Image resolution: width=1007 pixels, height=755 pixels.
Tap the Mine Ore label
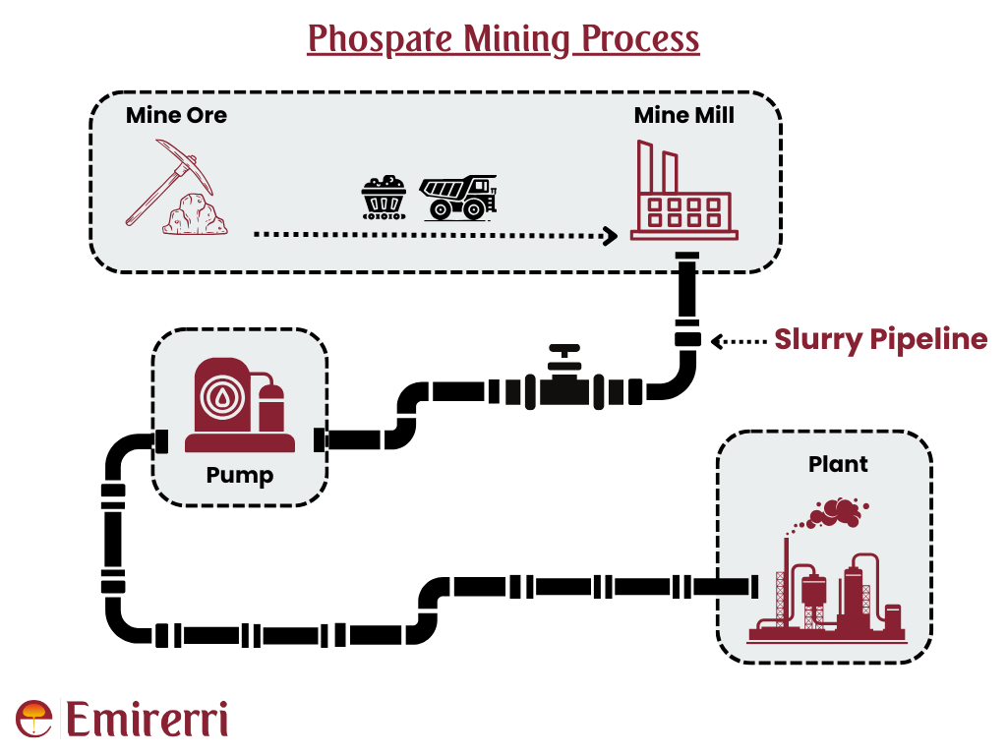click(x=176, y=116)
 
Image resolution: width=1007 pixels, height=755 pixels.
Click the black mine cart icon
click(x=385, y=197)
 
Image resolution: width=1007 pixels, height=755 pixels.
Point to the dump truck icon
click(x=458, y=197)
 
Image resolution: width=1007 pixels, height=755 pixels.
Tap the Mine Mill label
click(x=683, y=116)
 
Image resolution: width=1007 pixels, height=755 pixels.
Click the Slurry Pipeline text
click(x=880, y=340)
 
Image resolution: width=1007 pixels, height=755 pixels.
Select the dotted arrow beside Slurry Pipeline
click(x=737, y=341)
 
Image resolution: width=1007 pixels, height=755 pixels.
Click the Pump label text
click(x=239, y=476)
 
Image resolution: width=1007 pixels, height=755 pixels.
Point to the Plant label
click(x=838, y=464)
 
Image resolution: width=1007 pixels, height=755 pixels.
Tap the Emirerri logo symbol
click(x=34, y=719)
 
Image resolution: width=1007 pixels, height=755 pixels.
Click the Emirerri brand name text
click(x=147, y=720)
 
